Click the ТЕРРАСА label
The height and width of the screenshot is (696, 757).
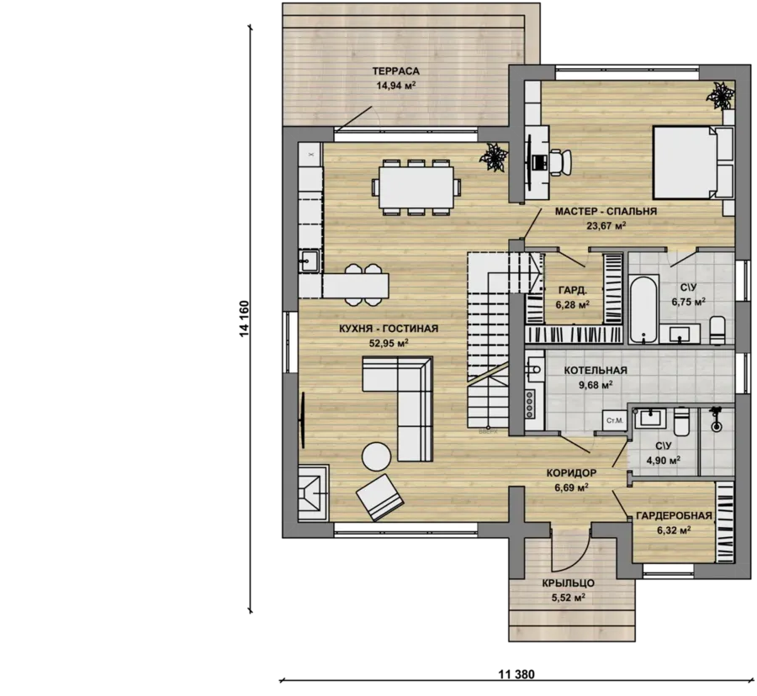[396, 71]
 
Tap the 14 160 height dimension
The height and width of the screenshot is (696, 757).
[244, 319]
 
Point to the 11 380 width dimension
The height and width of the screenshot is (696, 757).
[516, 674]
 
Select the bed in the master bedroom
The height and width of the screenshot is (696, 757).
[693, 162]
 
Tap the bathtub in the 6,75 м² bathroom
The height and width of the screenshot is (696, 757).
[643, 308]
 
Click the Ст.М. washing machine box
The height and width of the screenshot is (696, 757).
[614, 420]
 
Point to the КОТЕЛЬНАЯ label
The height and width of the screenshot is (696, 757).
[596, 371]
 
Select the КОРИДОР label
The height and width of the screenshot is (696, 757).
[571, 472]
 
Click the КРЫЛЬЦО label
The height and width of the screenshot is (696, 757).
[569, 583]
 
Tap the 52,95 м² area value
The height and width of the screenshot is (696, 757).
[389, 343]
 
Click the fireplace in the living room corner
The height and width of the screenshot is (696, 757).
[314, 493]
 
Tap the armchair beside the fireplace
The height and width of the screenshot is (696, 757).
[380, 498]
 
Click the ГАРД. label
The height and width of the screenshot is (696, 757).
[573, 290]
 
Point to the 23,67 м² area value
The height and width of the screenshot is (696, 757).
[606, 225]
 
